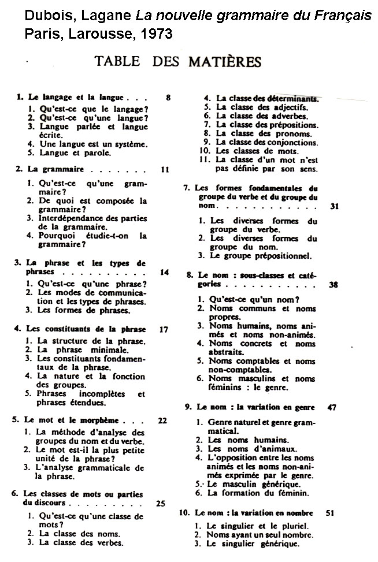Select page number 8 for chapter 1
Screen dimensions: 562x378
[x=168, y=98]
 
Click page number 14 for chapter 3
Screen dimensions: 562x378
[x=164, y=272]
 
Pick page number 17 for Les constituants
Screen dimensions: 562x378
[x=164, y=329]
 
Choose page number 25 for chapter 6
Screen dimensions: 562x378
[x=161, y=503]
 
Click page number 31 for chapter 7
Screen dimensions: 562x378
[x=334, y=206]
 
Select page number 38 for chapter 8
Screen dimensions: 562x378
[x=333, y=285]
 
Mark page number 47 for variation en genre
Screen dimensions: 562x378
[x=331, y=407]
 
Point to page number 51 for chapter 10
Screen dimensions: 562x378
[x=330, y=513]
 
